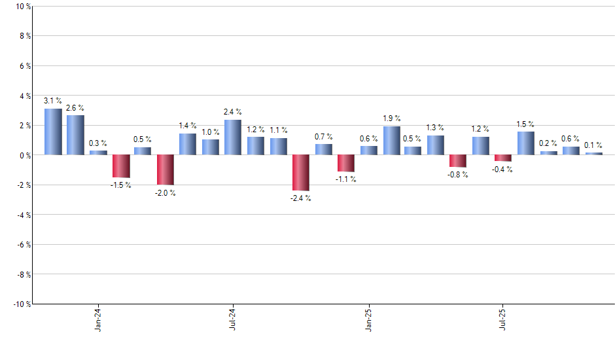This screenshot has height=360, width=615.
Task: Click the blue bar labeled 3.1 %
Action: click(53, 132)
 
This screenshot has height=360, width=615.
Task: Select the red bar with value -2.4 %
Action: click(300, 173)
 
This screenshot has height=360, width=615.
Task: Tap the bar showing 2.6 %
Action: click(75, 135)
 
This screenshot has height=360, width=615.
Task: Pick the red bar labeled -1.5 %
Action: click(120, 166)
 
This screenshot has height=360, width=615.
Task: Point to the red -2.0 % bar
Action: click(166, 170)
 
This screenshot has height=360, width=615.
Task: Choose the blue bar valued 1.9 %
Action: click(391, 141)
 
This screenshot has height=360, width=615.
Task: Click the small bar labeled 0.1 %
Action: click(593, 154)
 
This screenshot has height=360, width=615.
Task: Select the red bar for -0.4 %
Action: click(503, 158)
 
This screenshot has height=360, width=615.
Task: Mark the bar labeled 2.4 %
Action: click(233, 137)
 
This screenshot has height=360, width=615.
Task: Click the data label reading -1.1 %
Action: click(345, 179)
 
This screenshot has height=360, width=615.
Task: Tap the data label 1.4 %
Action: click(188, 125)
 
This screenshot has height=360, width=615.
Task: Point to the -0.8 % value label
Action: click(458, 175)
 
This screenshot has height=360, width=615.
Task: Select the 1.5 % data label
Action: click(525, 124)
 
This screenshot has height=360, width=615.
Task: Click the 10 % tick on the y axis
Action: click(22, 7)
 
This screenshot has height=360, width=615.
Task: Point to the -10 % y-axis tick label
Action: click(21, 304)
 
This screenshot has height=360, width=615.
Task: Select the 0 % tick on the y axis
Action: click(24, 155)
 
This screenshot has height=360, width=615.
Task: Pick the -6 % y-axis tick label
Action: click(23, 244)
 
